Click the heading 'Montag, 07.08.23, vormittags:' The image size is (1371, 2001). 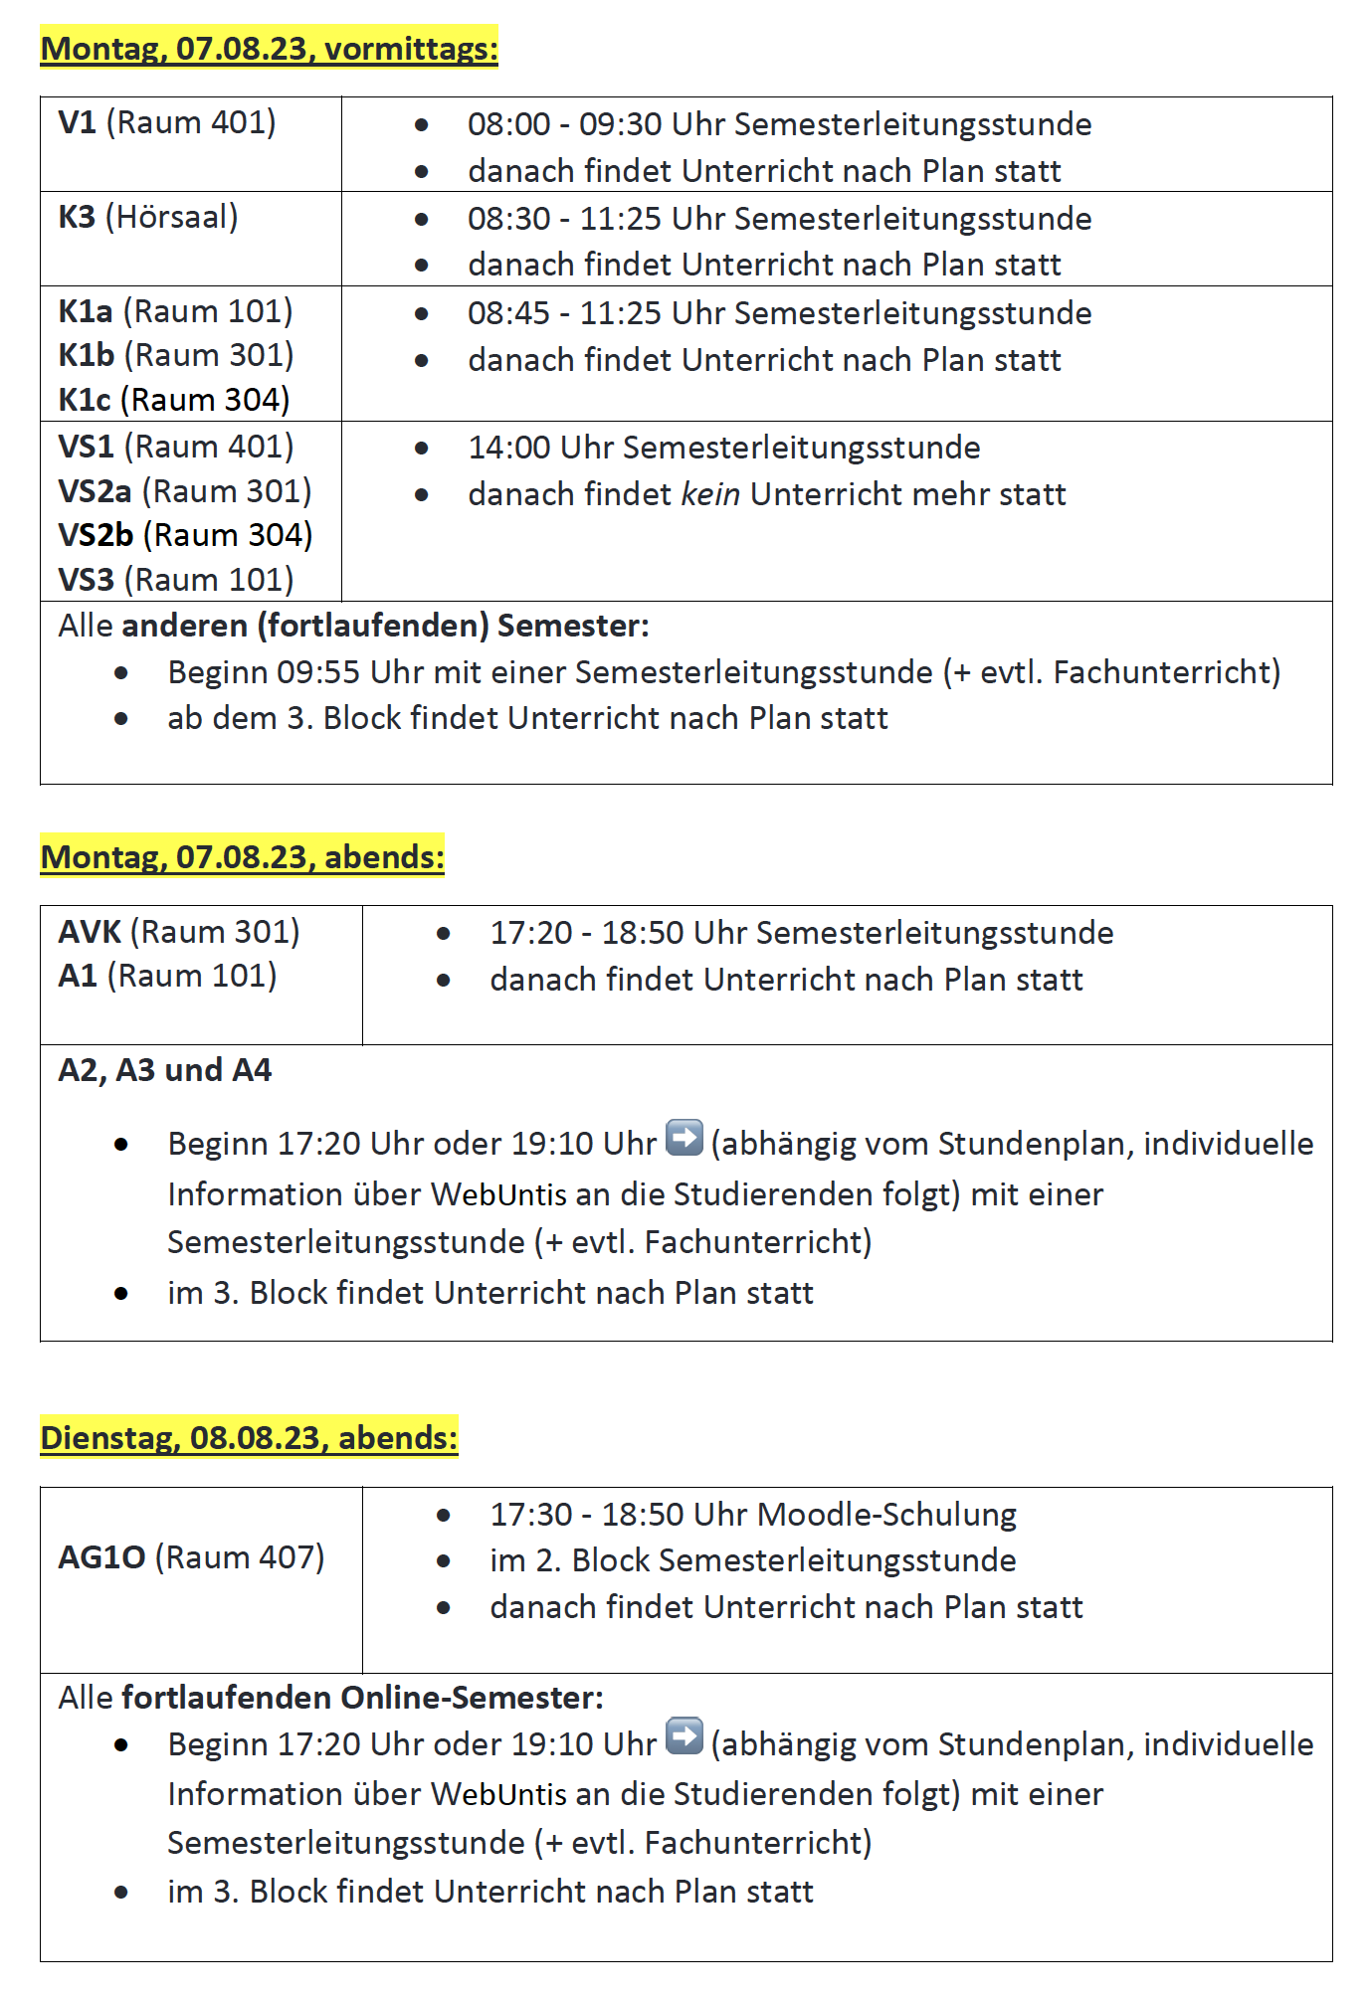point(269,49)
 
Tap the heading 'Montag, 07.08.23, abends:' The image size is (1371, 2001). point(242,857)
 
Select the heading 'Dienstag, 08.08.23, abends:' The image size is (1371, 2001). point(249,1438)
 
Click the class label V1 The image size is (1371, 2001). point(78,122)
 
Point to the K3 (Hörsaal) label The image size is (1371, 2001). point(148,217)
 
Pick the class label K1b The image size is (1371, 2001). point(87,355)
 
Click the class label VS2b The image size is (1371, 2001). point(96,535)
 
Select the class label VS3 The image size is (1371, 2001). point(87,580)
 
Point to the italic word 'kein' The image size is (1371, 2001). point(709,494)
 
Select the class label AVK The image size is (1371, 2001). point(90,932)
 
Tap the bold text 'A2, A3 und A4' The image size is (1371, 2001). point(165,1070)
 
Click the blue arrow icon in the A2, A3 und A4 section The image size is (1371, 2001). point(684,1138)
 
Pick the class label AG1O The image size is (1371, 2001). point(101,1557)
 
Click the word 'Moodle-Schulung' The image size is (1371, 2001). point(886,1515)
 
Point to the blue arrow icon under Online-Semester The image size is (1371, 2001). point(684,1736)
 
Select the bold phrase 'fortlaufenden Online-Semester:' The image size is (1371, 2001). point(362,1698)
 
